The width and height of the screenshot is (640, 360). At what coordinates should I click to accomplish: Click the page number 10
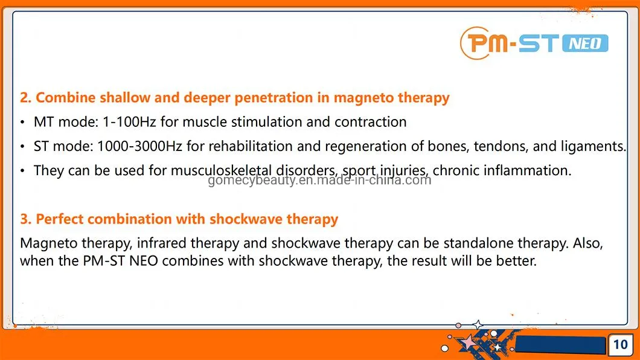(x=620, y=345)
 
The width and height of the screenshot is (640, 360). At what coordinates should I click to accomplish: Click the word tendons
(x=496, y=146)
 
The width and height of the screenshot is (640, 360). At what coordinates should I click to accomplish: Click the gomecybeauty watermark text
(x=319, y=180)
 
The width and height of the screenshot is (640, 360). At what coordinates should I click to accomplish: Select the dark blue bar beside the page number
(x=561, y=345)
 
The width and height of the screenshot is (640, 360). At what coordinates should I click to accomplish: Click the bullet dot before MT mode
(x=23, y=123)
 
